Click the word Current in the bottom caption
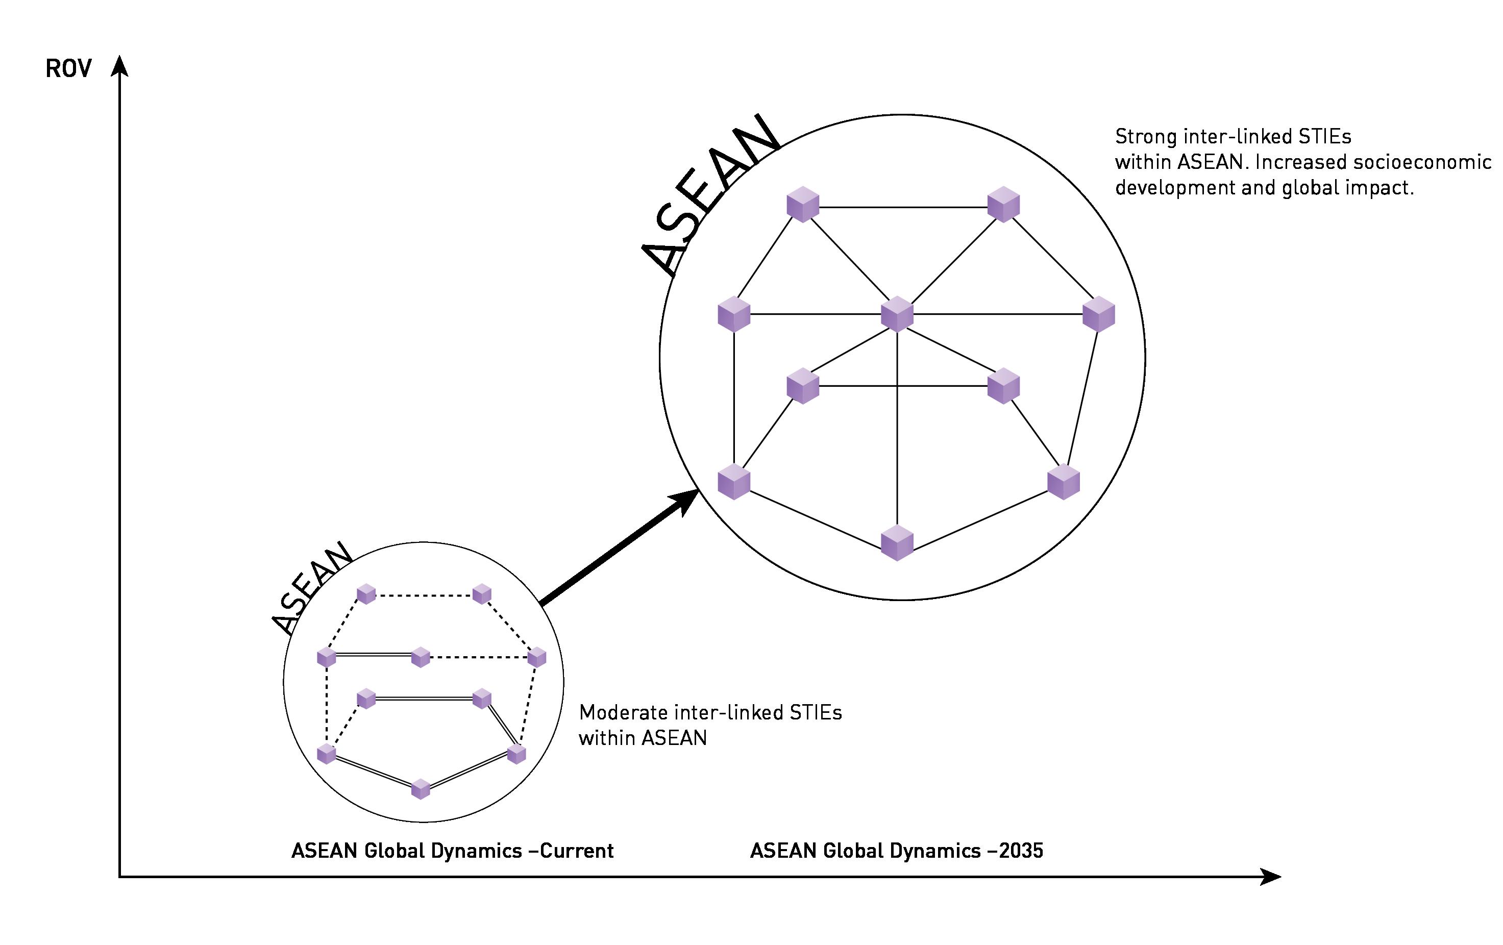(x=576, y=851)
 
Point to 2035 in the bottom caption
(x=1021, y=851)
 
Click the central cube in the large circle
(x=897, y=314)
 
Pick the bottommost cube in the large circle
(x=897, y=542)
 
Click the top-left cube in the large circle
(x=803, y=204)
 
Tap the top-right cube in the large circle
(x=1004, y=204)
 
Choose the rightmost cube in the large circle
(x=1098, y=314)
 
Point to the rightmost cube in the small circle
(x=537, y=657)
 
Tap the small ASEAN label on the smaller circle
(x=312, y=587)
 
